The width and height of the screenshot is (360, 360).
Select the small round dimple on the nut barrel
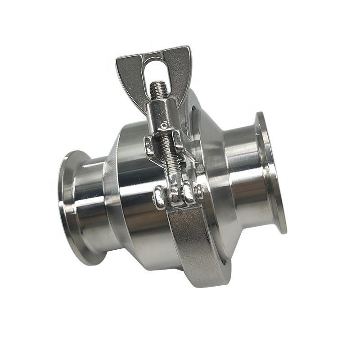tap(165, 124)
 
